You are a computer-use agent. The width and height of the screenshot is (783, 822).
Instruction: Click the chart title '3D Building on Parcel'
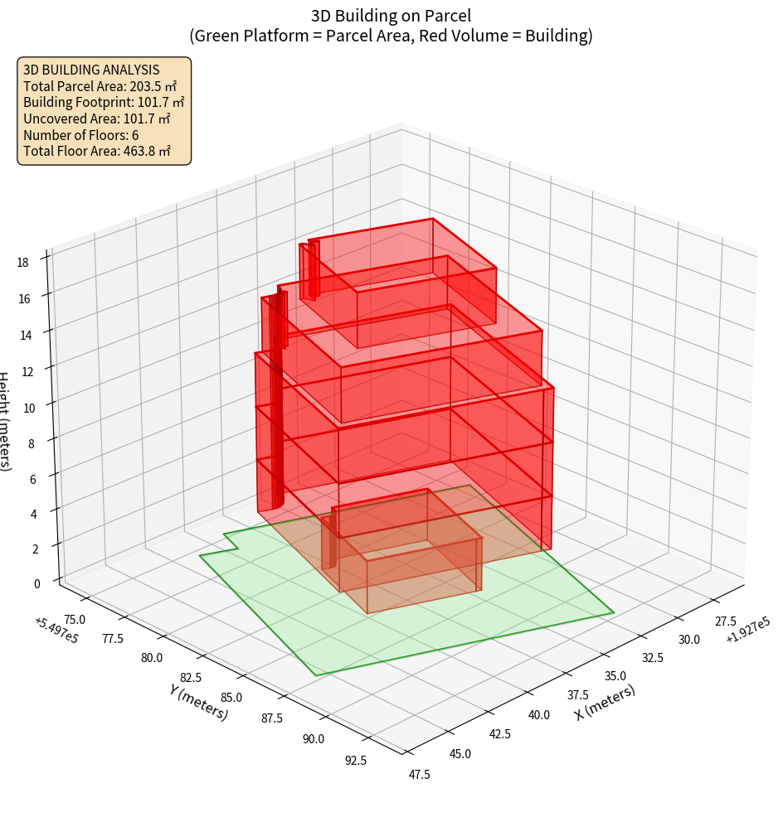pos(391,15)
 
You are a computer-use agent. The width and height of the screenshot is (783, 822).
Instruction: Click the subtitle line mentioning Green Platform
pos(391,36)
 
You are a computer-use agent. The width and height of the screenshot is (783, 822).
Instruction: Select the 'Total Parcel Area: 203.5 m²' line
pos(100,85)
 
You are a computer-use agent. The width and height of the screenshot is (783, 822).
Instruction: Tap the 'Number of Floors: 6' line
pos(81,135)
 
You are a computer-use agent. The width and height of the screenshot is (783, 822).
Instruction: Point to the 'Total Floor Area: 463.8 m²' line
pos(97,152)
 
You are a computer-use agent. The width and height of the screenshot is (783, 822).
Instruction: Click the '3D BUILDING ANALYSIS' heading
pos(91,70)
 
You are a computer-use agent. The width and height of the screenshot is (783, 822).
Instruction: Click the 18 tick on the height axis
pos(22,263)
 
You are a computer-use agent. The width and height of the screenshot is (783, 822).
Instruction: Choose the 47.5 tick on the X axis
pos(420,774)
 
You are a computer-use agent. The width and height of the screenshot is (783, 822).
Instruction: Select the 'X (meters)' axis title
pos(605,703)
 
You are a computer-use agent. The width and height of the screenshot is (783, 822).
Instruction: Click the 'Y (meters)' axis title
pos(198,702)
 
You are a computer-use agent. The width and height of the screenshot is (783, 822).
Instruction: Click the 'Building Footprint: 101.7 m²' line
pos(104,102)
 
